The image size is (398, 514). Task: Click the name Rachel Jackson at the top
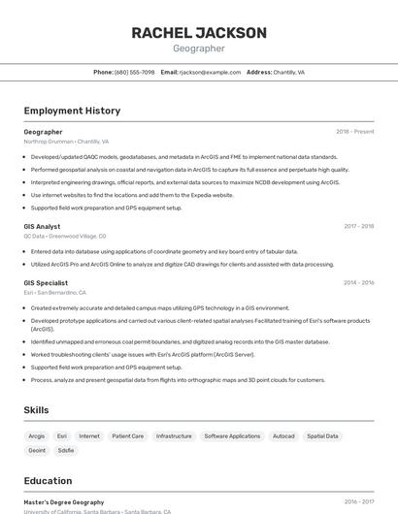coord(199,33)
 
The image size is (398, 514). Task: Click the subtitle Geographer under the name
coord(199,48)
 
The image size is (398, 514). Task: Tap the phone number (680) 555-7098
coord(134,72)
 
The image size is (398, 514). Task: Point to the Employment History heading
coord(72,111)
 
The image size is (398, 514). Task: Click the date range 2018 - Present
coord(354,132)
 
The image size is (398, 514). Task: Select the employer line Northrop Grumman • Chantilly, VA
coord(66,142)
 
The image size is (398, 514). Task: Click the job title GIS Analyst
coord(42,227)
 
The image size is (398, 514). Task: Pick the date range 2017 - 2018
coord(358,227)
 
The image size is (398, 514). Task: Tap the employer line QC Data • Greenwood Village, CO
coord(65,236)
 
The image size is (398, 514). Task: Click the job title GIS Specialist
coord(46,283)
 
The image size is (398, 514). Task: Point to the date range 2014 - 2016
coord(358,283)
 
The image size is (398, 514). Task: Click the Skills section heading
coord(37,410)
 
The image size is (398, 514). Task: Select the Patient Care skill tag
coord(128,436)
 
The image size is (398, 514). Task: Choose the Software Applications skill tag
coord(232,436)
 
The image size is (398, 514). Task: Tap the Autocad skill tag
coord(283,436)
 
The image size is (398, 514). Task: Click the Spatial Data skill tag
coord(322,436)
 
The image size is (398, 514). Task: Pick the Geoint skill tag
coord(37,450)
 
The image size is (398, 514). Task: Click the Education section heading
coord(48,481)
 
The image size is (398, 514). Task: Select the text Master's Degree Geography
coord(64,502)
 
